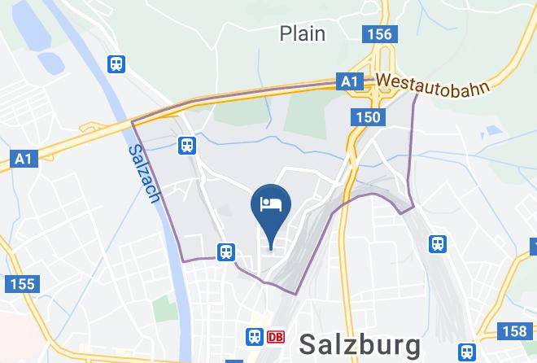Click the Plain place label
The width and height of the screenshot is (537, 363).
[x=302, y=33]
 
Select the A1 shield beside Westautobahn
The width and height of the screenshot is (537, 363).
[x=350, y=82]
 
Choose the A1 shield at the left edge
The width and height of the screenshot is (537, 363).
[x=22, y=159]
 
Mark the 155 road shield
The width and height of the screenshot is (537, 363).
[x=21, y=284]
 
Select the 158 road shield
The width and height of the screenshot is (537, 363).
[x=514, y=331]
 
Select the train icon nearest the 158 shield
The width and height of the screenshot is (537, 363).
[x=467, y=352]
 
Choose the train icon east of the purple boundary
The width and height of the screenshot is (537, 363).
[x=439, y=243]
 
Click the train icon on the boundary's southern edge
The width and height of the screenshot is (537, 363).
[x=225, y=251]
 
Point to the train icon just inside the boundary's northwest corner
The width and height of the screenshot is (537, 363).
[x=187, y=145]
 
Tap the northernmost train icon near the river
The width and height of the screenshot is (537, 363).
[x=117, y=63]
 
